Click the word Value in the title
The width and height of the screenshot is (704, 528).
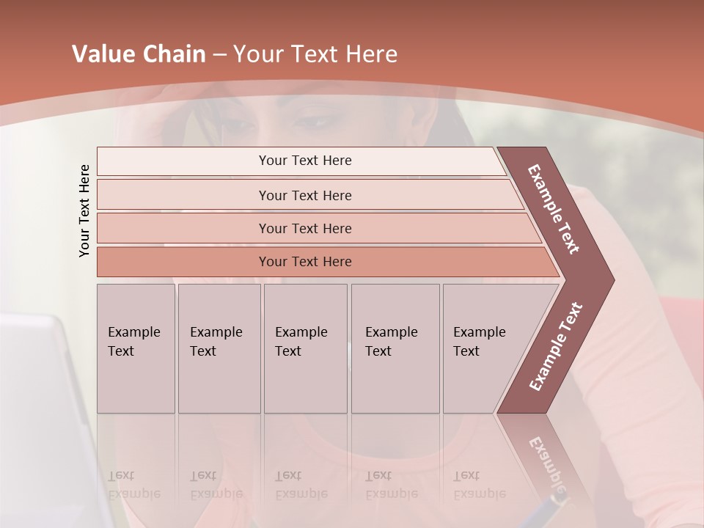(x=103, y=54)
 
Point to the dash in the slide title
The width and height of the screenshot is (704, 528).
(x=219, y=54)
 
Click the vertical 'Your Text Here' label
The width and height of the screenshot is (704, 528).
(x=84, y=211)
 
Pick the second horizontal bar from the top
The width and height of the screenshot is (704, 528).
(x=305, y=195)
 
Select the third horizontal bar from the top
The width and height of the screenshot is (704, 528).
(x=305, y=228)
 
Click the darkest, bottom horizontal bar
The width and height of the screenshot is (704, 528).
(x=305, y=262)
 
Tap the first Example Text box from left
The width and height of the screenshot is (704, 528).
(x=136, y=348)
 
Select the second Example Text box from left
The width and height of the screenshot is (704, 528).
(x=219, y=348)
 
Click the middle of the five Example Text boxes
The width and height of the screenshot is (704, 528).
(x=305, y=348)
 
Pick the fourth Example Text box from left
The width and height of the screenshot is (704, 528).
(x=395, y=348)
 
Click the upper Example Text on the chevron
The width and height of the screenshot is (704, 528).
(x=554, y=209)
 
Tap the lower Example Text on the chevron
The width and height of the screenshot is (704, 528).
(x=555, y=347)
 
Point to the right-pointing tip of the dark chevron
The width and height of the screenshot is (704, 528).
(x=612, y=279)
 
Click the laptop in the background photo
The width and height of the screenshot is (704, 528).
(x=44, y=411)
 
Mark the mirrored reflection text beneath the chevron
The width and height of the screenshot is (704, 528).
(x=546, y=462)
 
